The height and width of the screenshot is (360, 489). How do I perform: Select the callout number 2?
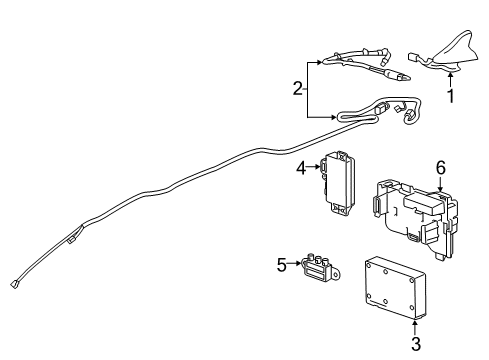tap(298, 89)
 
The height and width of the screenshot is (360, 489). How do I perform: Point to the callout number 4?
tap(300, 169)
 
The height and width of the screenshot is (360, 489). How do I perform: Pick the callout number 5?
tap(282, 264)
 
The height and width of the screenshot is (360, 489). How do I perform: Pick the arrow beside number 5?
tap(296, 264)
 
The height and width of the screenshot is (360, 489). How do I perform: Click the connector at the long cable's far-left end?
tap(16, 282)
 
